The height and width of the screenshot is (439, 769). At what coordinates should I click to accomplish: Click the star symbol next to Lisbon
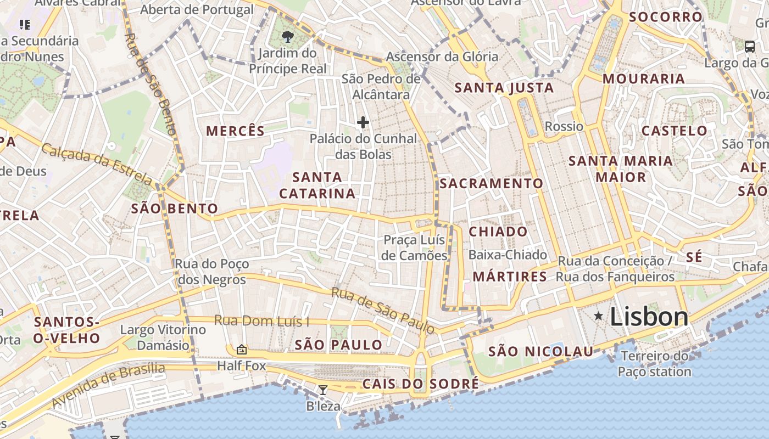tap(598, 316)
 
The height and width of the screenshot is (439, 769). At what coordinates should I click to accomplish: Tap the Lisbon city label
tap(649, 317)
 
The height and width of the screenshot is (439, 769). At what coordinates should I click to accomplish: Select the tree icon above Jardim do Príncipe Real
tap(287, 37)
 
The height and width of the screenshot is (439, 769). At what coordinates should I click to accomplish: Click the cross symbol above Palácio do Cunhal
tap(363, 122)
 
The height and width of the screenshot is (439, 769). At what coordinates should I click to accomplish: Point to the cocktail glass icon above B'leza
tap(323, 390)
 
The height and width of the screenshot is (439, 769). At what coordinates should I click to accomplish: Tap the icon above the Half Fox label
tap(241, 350)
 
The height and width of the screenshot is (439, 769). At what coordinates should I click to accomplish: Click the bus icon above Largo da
tap(750, 46)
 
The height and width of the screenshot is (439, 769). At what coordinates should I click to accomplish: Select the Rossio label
tap(564, 127)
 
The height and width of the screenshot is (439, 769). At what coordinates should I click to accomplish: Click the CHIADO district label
tap(498, 232)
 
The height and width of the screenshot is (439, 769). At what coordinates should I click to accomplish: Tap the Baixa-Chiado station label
tap(508, 255)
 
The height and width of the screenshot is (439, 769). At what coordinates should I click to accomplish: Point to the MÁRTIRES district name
tap(510, 277)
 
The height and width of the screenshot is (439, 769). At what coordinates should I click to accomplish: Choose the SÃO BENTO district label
tap(175, 209)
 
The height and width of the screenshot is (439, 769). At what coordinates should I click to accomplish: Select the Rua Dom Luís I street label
tap(261, 320)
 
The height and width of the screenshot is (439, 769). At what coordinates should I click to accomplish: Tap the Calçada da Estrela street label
tap(97, 164)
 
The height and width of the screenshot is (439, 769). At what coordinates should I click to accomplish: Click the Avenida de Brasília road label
tap(109, 385)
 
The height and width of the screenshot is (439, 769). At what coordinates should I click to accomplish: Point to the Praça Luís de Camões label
tap(415, 247)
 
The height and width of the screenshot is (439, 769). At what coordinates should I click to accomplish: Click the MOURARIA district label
tap(644, 78)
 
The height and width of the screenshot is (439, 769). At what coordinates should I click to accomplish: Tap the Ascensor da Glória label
tap(442, 57)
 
